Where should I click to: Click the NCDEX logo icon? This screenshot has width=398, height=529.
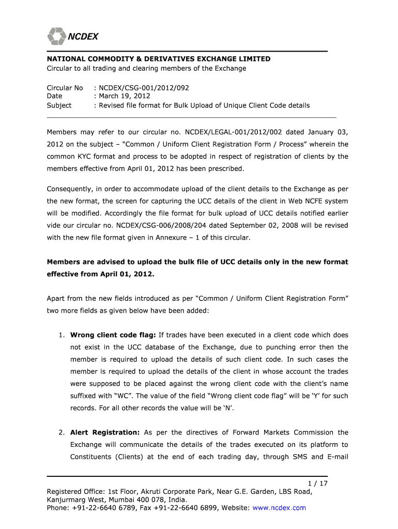pyautogui.click(x=56, y=36)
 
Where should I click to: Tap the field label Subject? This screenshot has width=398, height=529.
pyautogui.click(x=59, y=105)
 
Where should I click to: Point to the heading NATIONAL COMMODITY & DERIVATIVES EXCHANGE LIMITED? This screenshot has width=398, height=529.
pyautogui.click(x=159, y=59)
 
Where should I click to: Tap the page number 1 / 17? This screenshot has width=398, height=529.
pyautogui.click(x=318, y=484)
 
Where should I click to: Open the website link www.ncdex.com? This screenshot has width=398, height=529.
pyautogui.click(x=280, y=508)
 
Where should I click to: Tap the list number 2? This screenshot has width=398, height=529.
pyautogui.click(x=62, y=432)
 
